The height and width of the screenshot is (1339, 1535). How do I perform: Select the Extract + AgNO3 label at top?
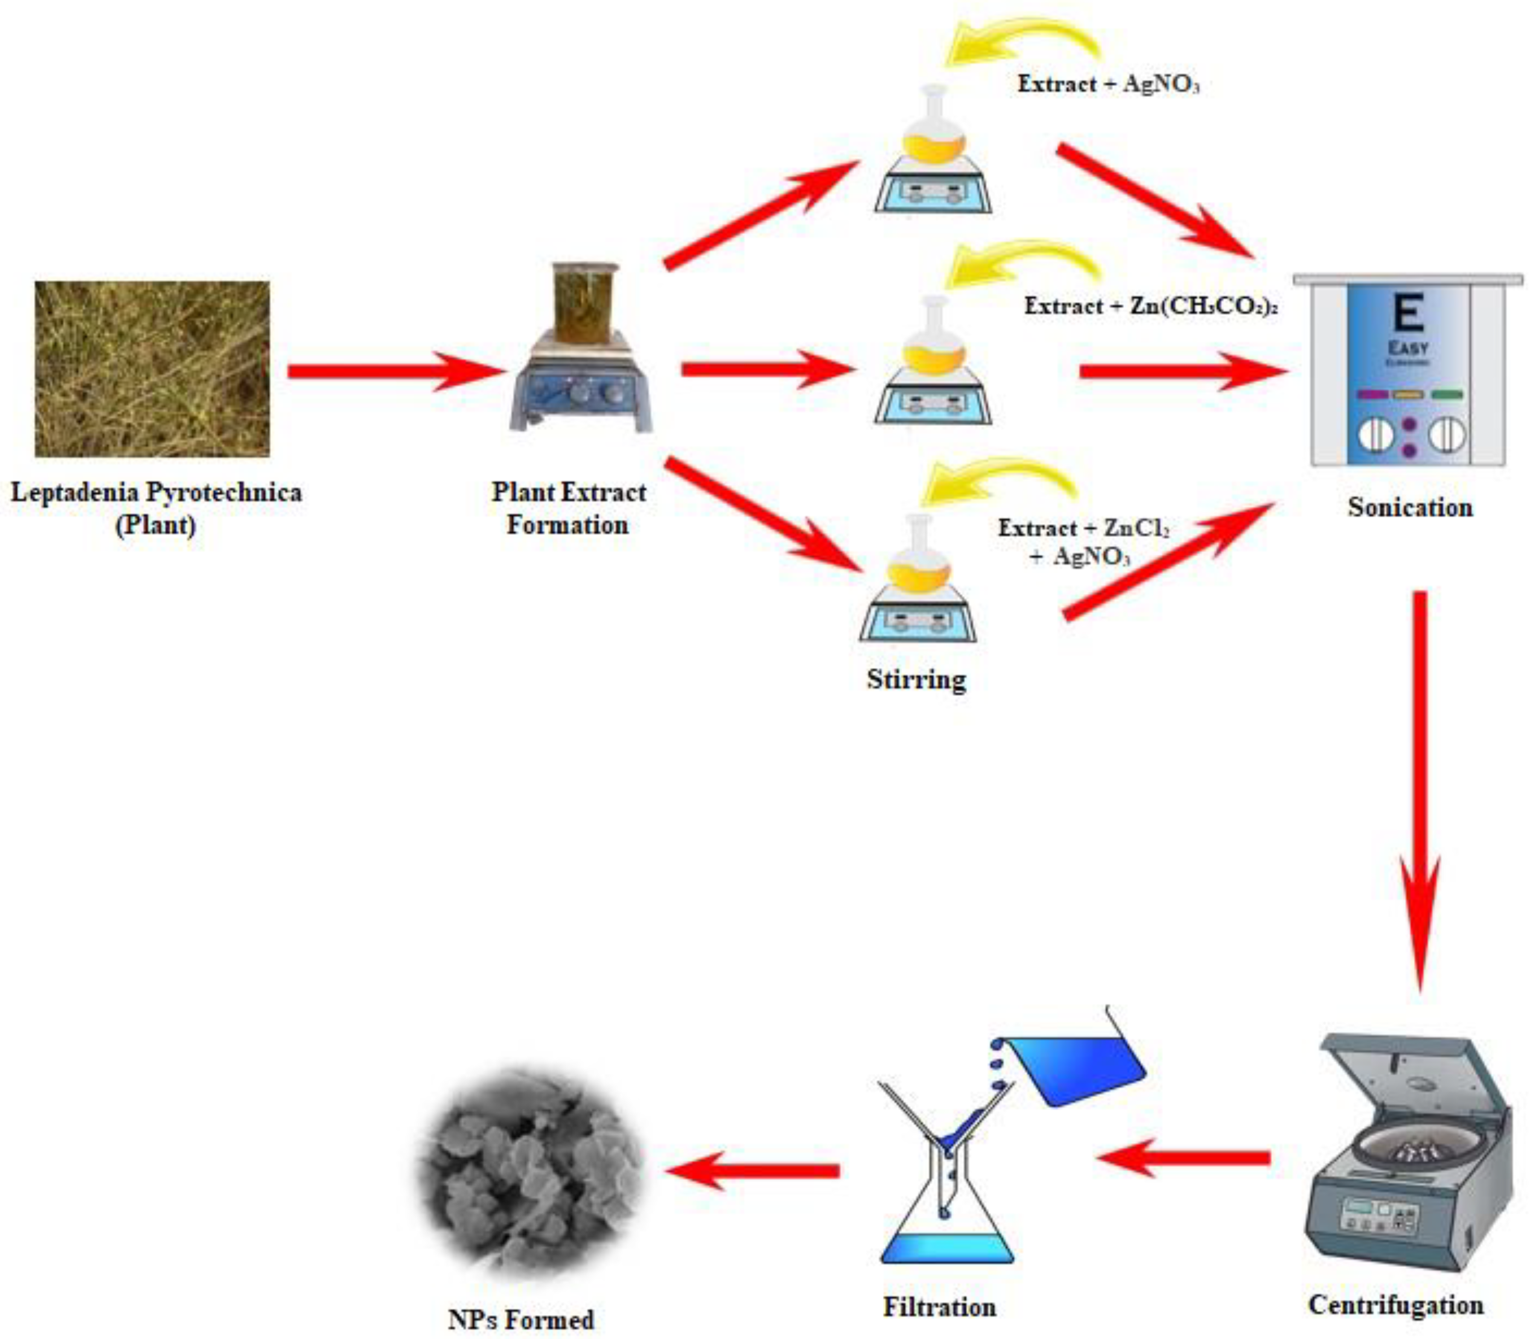click(x=1108, y=84)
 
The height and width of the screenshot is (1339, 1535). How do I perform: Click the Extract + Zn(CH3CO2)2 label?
click(x=1150, y=306)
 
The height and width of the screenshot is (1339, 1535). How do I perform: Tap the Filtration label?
click(x=940, y=1307)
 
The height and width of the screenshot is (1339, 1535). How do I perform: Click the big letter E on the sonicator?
click(x=1409, y=314)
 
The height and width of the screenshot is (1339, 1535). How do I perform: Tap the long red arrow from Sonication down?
click(x=1420, y=785)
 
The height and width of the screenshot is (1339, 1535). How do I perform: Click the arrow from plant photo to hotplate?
click(x=392, y=371)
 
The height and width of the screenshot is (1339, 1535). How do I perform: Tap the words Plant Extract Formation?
click(x=568, y=508)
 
